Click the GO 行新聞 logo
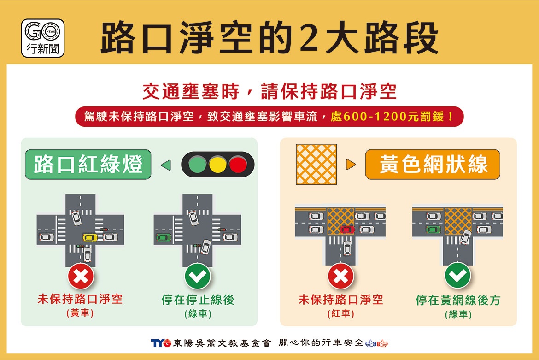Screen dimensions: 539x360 pos(43,38)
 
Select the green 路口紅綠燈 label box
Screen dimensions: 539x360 pos(88,165)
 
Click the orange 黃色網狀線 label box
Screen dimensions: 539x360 pos(433,165)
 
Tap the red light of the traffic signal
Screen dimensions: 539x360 pos(238,165)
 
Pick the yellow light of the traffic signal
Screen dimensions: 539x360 pos(217,165)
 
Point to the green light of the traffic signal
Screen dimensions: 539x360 pos(197,165)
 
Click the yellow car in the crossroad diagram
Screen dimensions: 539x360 pos(90,237)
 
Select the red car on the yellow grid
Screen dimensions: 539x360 pos(347,230)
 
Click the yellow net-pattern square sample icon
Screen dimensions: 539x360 pos(316,165)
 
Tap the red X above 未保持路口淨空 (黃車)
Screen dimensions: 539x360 pos(81,276)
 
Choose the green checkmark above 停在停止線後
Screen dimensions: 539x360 pos(198,276)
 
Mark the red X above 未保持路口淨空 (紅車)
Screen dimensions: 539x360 pos(340,276)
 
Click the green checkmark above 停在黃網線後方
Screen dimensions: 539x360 pos(457,276)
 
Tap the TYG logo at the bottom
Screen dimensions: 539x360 pos(161,343)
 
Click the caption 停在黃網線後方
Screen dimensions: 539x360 pos(457,300)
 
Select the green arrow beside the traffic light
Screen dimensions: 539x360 pos(166,165)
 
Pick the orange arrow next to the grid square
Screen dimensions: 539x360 pos(351,165)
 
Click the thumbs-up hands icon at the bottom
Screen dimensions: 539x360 pos(377,343)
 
